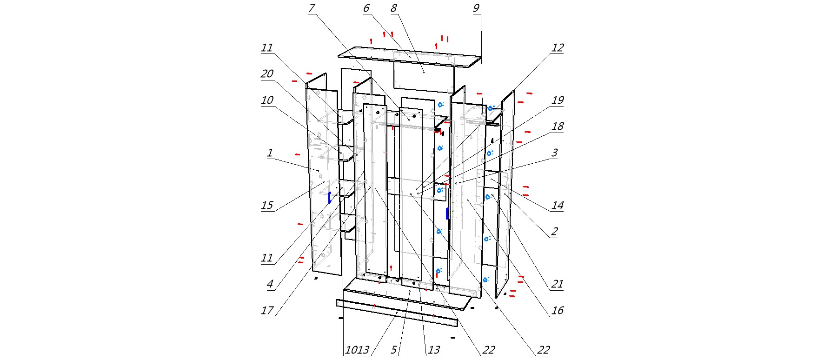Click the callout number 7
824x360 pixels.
coord(312,8)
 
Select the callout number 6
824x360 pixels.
coord(366,8)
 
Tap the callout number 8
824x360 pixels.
coord(394,8)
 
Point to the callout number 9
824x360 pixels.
coord(476,8)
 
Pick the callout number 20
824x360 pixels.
coord(267,74)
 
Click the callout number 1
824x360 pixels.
coord(270,153)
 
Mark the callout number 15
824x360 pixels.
coord(267,206)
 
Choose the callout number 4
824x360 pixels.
coord(270,284)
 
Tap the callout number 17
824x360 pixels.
coord(267,311)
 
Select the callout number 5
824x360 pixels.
coord(394,350)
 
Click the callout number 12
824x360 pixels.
coord(557,48)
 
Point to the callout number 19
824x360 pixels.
coord(557,100)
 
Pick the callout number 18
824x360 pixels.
coord(557,127)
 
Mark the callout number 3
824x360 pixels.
coord(554,153)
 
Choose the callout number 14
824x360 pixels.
coord(557,206)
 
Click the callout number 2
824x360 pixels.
coord(554,232)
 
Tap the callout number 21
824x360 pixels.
coord(557,284)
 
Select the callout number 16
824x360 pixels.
coord(557,311)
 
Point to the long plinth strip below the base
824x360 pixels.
coord(395,313)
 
